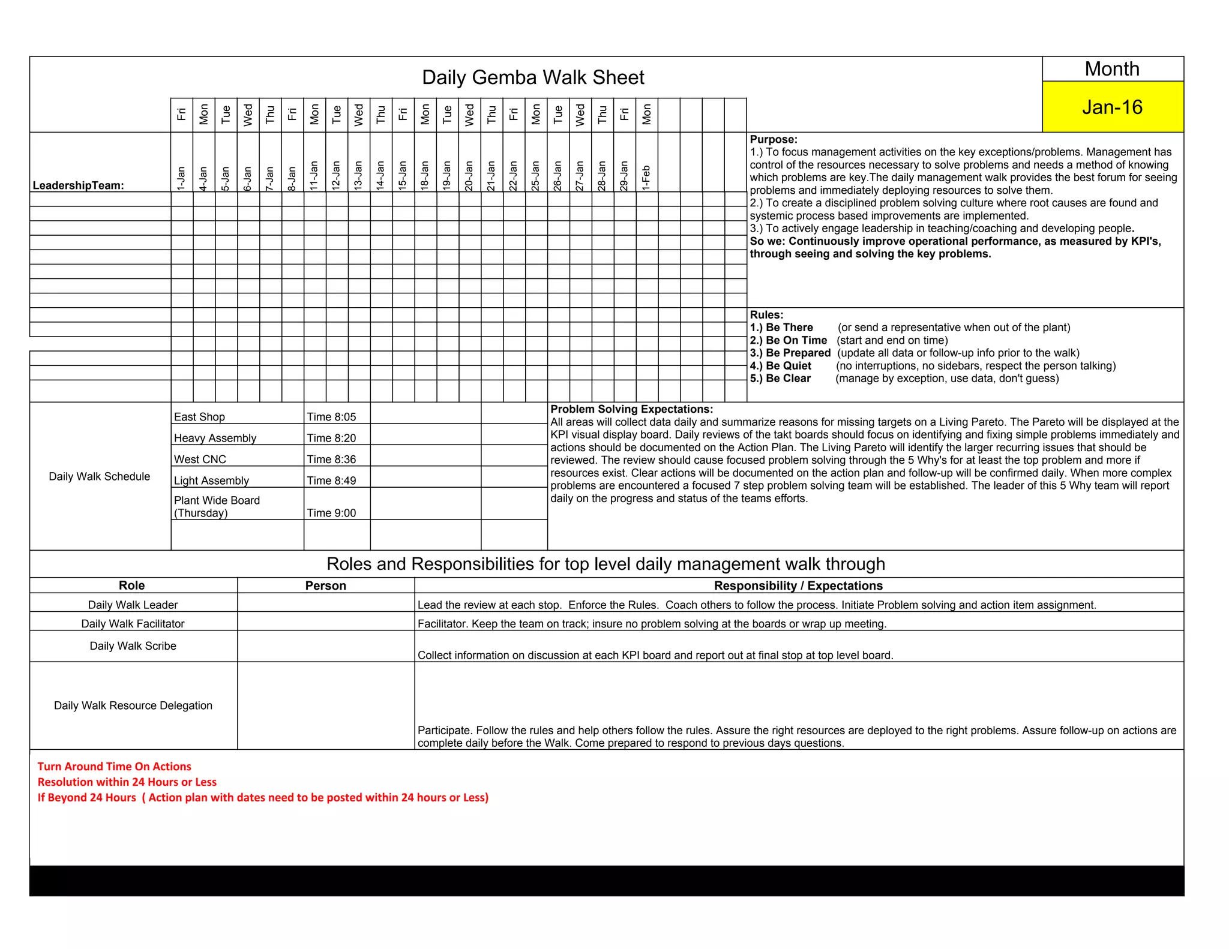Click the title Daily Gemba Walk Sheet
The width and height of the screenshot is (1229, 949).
click(x=532, y=77)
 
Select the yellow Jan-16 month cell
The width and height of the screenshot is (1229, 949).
click(x=1112, y=107)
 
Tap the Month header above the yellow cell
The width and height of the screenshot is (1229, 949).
click(x=1112, y=69)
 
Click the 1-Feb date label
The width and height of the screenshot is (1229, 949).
click(x=646, y=178)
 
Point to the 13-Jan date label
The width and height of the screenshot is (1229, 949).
click(x=358, y=175)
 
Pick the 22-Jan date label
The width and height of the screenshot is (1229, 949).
click(x=514, y=175)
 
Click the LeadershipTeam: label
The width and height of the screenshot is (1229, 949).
click(x=79, y=185)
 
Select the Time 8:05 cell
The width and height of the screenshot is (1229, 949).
click(x=332, y=417)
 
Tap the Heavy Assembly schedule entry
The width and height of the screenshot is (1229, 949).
click(x=215, y=438)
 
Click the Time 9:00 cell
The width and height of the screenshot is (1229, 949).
click(x=332, y=513)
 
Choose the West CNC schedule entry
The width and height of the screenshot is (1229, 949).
click(x=200, y=460)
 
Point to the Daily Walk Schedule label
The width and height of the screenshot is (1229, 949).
click(x=100, y=476)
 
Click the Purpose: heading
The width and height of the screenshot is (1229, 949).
click(x=774, y=140)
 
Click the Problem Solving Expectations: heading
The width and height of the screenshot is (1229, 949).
click(x=631, y=409)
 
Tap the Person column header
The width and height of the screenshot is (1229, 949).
click(x=325, y=585)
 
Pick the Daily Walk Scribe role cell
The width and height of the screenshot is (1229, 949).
click(x=133, y=646)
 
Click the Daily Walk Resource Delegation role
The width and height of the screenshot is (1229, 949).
click(x=133, y=705)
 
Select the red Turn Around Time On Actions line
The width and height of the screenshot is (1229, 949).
click(x=114, y=767)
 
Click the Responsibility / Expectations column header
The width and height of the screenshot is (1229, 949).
click(x=798, y=585)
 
